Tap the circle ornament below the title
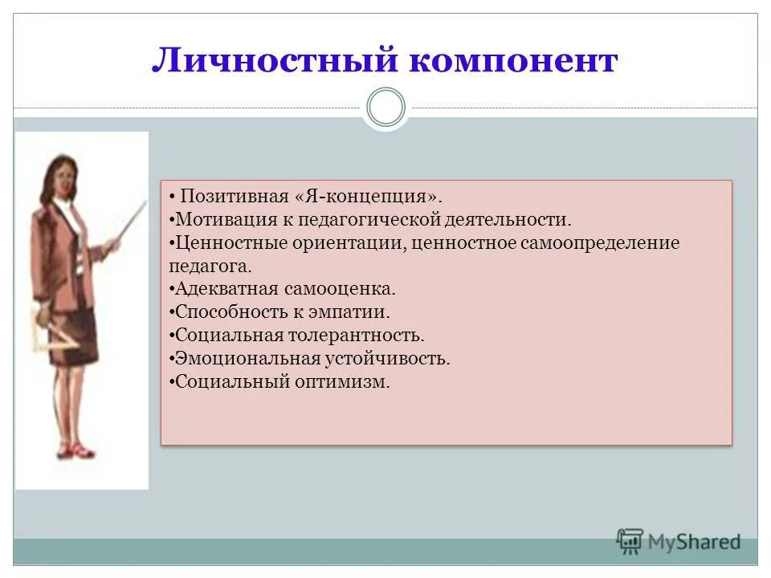[385, 108]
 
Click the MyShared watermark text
[694, 542]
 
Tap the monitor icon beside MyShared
[630, 542]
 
